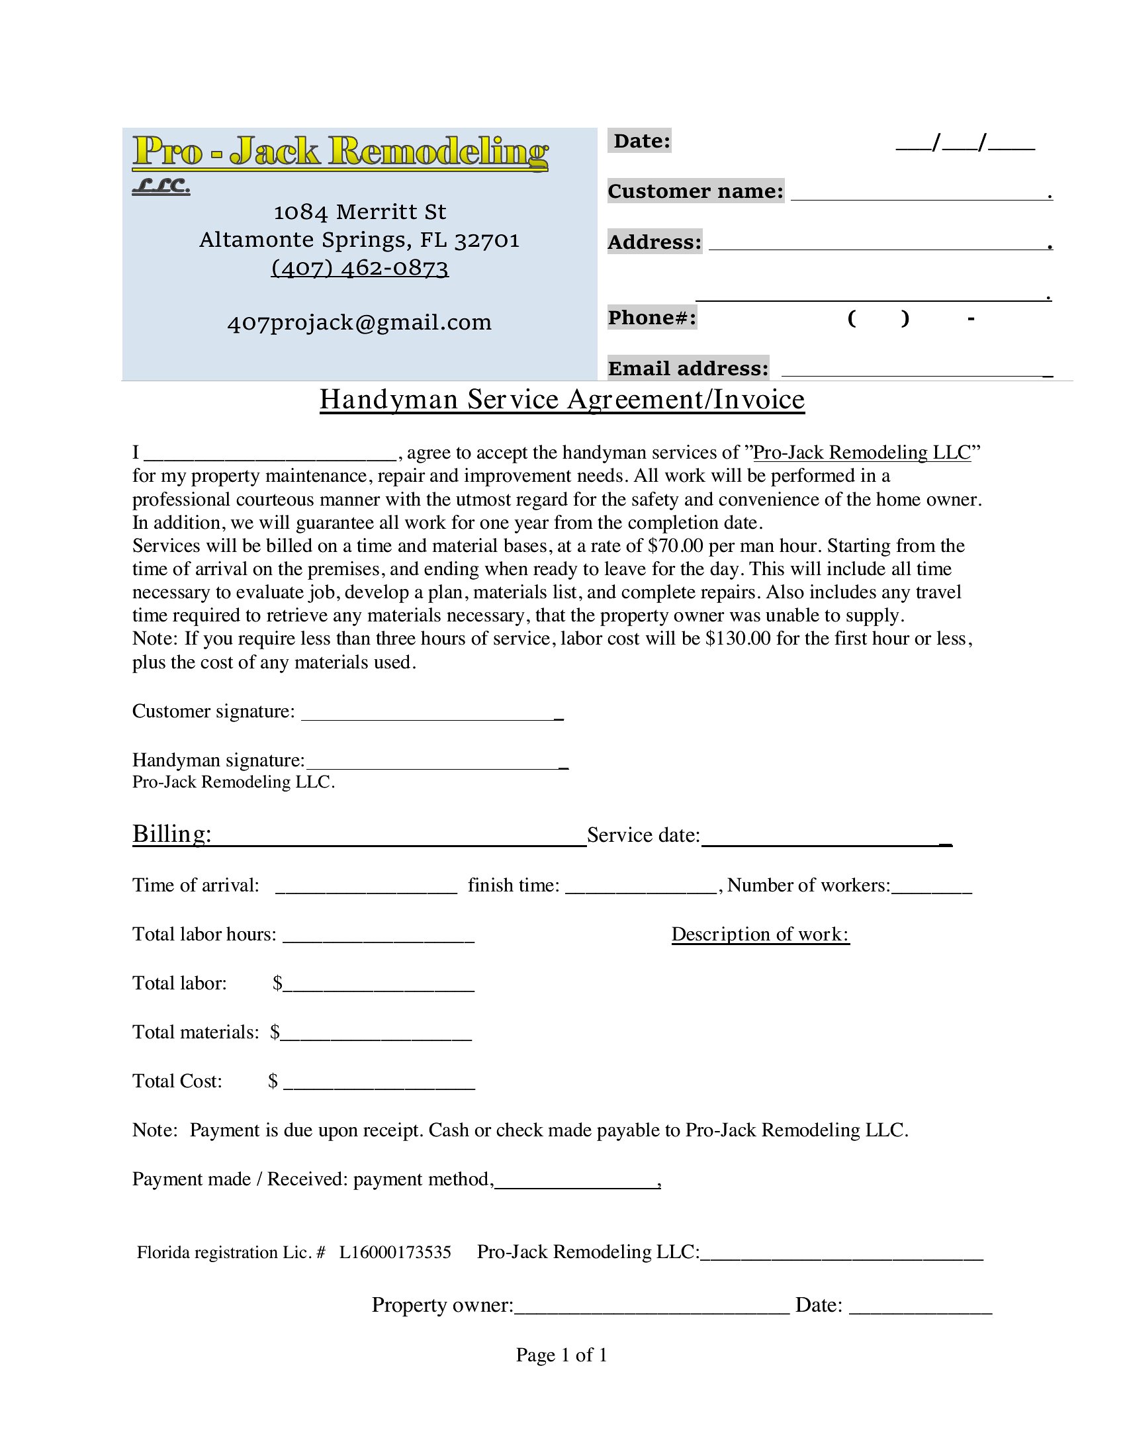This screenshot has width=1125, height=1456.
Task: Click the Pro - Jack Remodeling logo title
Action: (x=340, y=152)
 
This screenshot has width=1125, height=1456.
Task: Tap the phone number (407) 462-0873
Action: (x=360, y=268)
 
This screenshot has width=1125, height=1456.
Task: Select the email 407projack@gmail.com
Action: (x=359, y=323)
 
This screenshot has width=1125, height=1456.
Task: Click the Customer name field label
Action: (x=695, y=191)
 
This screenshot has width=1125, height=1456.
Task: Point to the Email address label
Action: (x=688, y=368)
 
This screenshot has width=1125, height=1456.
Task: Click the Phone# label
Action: (x=652, y=317)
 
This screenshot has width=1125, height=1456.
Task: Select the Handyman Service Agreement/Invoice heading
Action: (x=562, y=399)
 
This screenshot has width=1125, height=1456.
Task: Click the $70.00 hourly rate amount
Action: (x=675, y=546)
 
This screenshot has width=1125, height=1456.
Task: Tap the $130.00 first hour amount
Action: (x=738, y=639)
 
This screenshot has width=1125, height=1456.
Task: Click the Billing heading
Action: (x=172, y=834)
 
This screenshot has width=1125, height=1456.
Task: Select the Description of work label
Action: (x=760, y=934)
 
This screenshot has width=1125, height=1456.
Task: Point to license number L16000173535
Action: (x=395, y=1253)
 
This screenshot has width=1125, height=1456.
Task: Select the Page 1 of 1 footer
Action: (x=561, y=1355)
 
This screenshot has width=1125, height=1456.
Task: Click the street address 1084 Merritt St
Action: (x=360, y=212)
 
